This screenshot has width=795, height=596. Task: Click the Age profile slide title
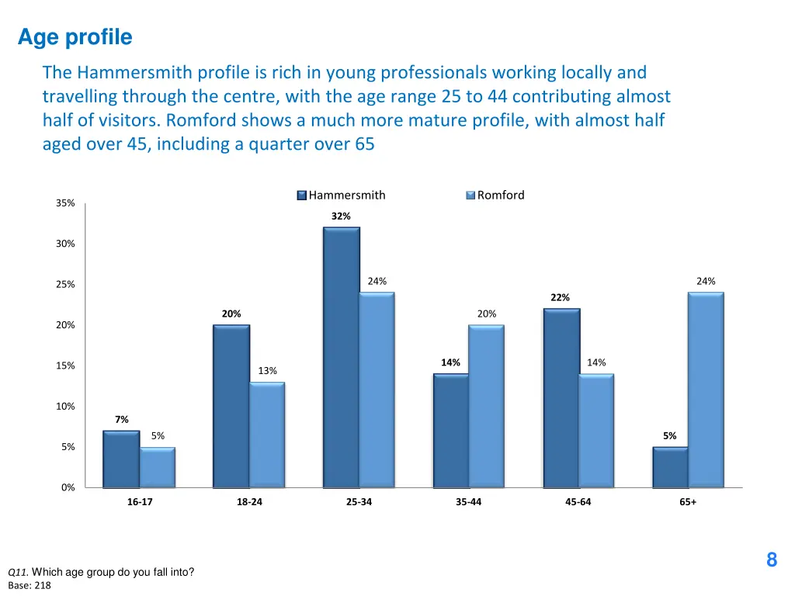[x=75, y=37]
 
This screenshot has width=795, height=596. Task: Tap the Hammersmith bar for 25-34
[x=342, y=357]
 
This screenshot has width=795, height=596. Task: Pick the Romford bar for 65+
[x=706, y=390]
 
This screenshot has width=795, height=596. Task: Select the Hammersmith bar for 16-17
[x=121, y=459]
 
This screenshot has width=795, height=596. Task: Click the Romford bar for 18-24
[x=267, y=435]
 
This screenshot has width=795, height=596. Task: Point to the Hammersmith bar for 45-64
[x=561, y=397]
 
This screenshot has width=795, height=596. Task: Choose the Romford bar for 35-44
[x=486, y=406]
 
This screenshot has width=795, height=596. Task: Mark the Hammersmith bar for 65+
[x=670, y=466]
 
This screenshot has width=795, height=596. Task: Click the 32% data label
[x=341, y=217]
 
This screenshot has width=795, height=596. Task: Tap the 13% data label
[x=268, y=371]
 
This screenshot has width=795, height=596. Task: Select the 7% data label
[x=122, y=420]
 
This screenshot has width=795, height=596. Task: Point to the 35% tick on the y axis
[x=65, y=203]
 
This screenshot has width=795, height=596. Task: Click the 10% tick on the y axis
[x=65, y=407]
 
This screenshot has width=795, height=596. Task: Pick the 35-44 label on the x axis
[x=468, y=502]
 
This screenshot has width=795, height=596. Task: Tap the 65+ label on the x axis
[x=688, y=502]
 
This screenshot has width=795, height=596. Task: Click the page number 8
[x=771, y=560]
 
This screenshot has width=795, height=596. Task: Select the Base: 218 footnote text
[x=30, y=586]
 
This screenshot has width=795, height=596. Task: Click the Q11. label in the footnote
[x=19, y=573]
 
